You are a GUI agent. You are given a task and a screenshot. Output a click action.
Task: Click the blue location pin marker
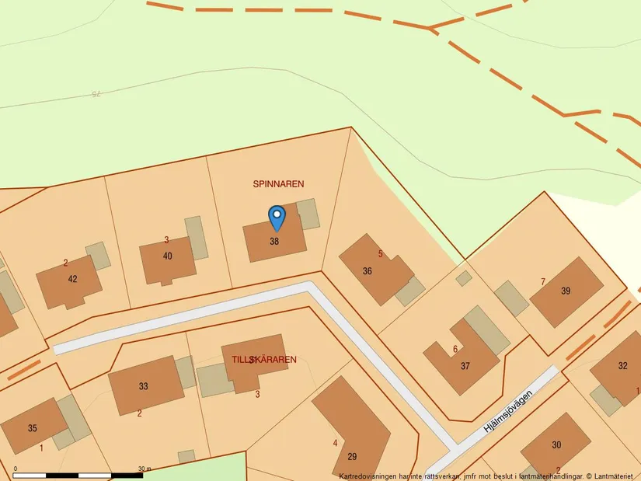[x=277, y=217]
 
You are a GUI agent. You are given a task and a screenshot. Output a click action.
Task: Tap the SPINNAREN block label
[x=278, y=184]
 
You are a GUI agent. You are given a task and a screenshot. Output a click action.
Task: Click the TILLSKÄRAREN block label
[x=263, y=360]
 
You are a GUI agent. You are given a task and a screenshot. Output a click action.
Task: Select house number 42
[x=73, y=279]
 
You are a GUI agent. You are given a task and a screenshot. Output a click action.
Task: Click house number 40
[x=168, y=256]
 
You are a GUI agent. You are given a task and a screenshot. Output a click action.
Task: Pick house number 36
[x=368, y=271]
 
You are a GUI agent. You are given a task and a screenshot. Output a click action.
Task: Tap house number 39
[x=566, y=291]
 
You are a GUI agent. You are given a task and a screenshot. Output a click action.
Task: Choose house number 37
[x=465, y=366]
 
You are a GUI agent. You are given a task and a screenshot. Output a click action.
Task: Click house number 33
[x=143, y=386]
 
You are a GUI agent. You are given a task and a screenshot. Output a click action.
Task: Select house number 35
[x=32, y=428]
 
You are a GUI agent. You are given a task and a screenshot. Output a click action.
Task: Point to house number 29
[x=352, y=456]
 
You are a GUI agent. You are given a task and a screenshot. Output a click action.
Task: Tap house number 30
[x=556, y=444]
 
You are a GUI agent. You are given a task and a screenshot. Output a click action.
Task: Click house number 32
[x=622, y=366]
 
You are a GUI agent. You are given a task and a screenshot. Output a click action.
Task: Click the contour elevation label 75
[x=96, y=94]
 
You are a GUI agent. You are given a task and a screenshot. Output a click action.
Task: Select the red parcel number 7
[x=542, y=281]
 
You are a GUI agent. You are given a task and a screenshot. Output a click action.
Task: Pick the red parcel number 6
[x=455, y=349]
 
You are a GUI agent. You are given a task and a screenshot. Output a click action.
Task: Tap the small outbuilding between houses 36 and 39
[x=464, y=277]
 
